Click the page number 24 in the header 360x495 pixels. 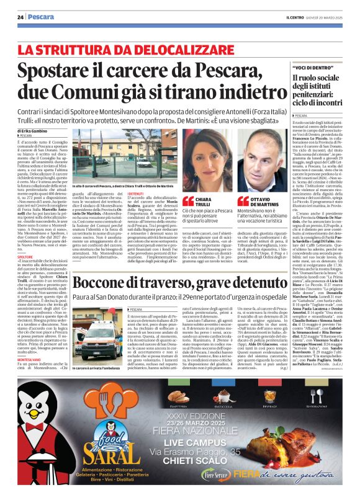[x=20, y=17]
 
